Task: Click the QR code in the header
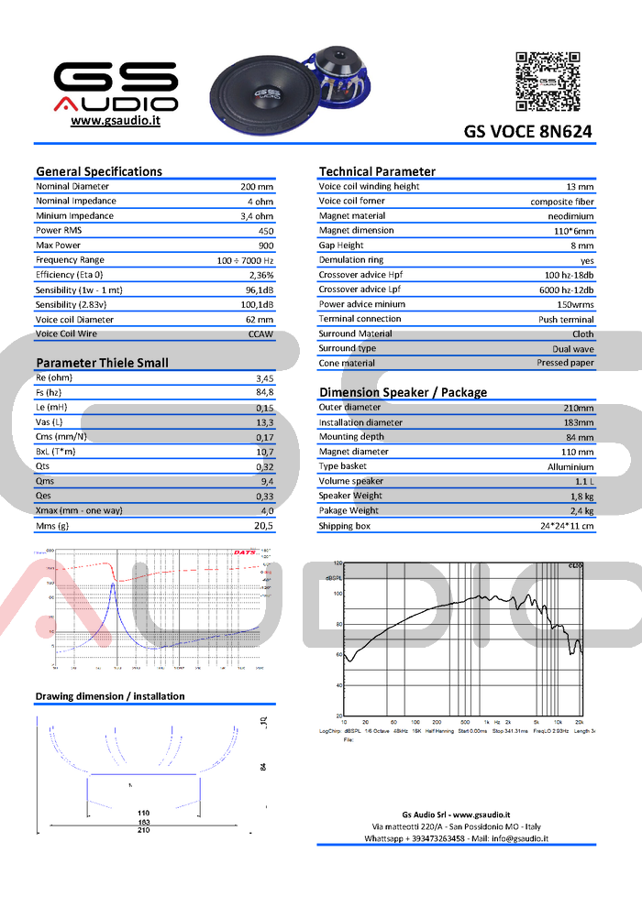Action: [x=548, y=82]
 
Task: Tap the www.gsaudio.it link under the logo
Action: [x=116, y=121]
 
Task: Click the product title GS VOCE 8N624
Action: [x=527, y=132]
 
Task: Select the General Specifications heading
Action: [x=99, y=171]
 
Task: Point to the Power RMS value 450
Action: [x=266, y=231]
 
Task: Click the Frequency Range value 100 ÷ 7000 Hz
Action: [x=246, y=260]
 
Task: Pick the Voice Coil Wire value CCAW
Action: [x=260, y=334]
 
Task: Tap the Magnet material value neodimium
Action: [x=571, y=216]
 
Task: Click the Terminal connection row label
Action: [x=360, y=319]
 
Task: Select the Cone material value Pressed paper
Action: [x=565, y=363]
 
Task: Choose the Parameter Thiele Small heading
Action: [x=102, y=363]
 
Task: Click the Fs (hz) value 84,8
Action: [x=264, y=392]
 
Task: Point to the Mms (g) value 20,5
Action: [x=264, y=526]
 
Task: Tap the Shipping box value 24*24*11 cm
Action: [x=567, y=526]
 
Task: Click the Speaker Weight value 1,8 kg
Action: [x=581, y=496]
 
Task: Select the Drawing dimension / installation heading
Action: [x=110, y=696]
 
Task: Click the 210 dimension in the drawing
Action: [x=144, y=831]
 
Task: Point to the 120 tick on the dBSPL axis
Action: [x=337, y=563]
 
